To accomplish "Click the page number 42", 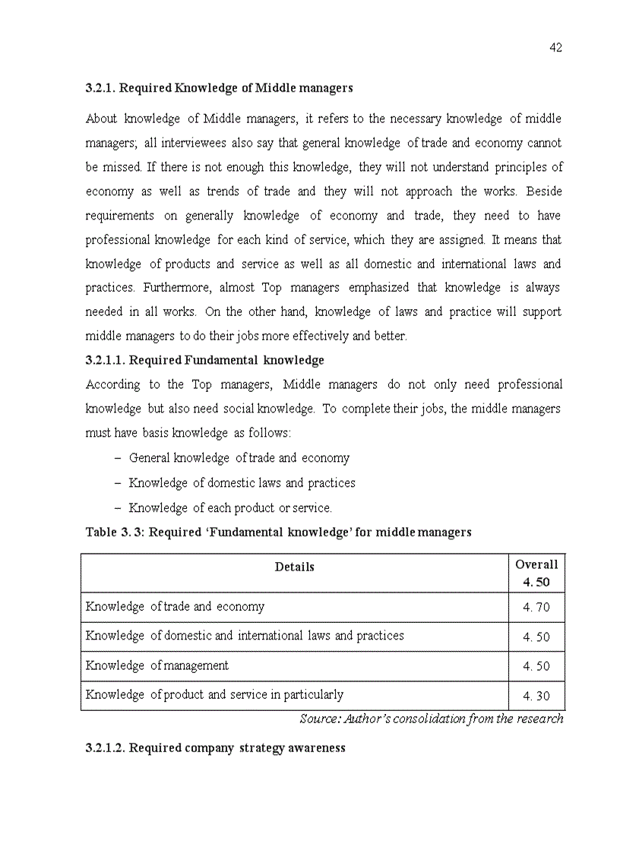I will pos(555,48).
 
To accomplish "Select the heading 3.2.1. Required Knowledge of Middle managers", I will pos(219,88).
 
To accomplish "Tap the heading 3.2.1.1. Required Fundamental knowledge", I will pos(204,360).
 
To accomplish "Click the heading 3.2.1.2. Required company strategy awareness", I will pos(215,748).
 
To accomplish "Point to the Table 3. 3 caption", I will pos(278,532).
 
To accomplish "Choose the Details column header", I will pos(294,567).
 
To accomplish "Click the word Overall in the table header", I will pos(536,564).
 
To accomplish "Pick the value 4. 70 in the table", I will pos(536,608).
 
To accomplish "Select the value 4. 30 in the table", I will pos(536,696).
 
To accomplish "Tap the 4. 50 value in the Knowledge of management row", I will pos(536,666).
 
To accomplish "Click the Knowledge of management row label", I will pos(157,665).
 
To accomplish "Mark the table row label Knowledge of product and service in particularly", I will pos(214,694).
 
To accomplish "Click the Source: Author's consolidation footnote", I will pos(432,719).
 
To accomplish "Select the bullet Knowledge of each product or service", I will pos(230,507).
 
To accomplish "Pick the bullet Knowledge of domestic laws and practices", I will pos(242,482).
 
